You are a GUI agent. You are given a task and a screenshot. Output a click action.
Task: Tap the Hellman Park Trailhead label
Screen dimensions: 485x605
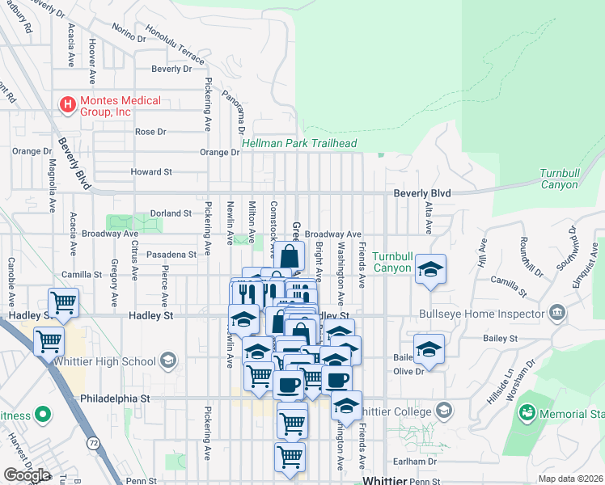tap(299, 144)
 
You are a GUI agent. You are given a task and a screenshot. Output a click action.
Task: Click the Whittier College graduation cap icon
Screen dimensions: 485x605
tap(442, 411)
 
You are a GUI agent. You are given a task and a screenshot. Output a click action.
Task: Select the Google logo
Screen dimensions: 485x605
tap(27, 475)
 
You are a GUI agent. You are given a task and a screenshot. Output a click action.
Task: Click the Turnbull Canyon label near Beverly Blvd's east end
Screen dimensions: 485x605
tap(570, 179)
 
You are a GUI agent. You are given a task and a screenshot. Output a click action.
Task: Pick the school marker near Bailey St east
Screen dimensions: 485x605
tap(429, 352)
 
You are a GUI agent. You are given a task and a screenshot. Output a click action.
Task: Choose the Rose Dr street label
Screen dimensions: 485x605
tap(150, 132)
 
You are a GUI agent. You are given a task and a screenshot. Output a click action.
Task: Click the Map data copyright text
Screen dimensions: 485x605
tap(569, 479)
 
